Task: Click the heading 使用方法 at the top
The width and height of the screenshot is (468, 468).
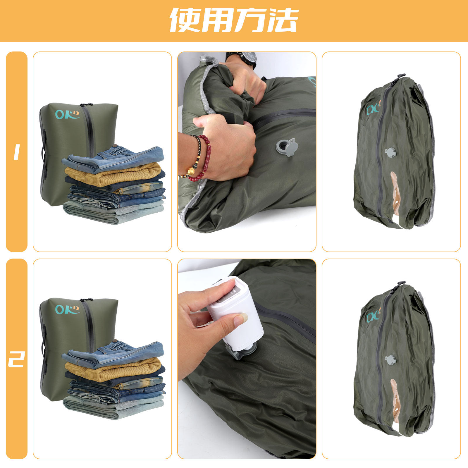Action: click(x=234, y=20)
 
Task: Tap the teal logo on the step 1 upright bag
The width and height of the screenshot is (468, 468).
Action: click(x=67, y=114)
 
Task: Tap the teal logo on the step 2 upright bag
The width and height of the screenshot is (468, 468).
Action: click(x=67, y=309)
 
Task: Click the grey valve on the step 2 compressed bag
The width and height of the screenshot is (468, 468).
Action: click(x=391, y=359)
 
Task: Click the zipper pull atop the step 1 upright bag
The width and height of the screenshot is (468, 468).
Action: click(x=87, y=104)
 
